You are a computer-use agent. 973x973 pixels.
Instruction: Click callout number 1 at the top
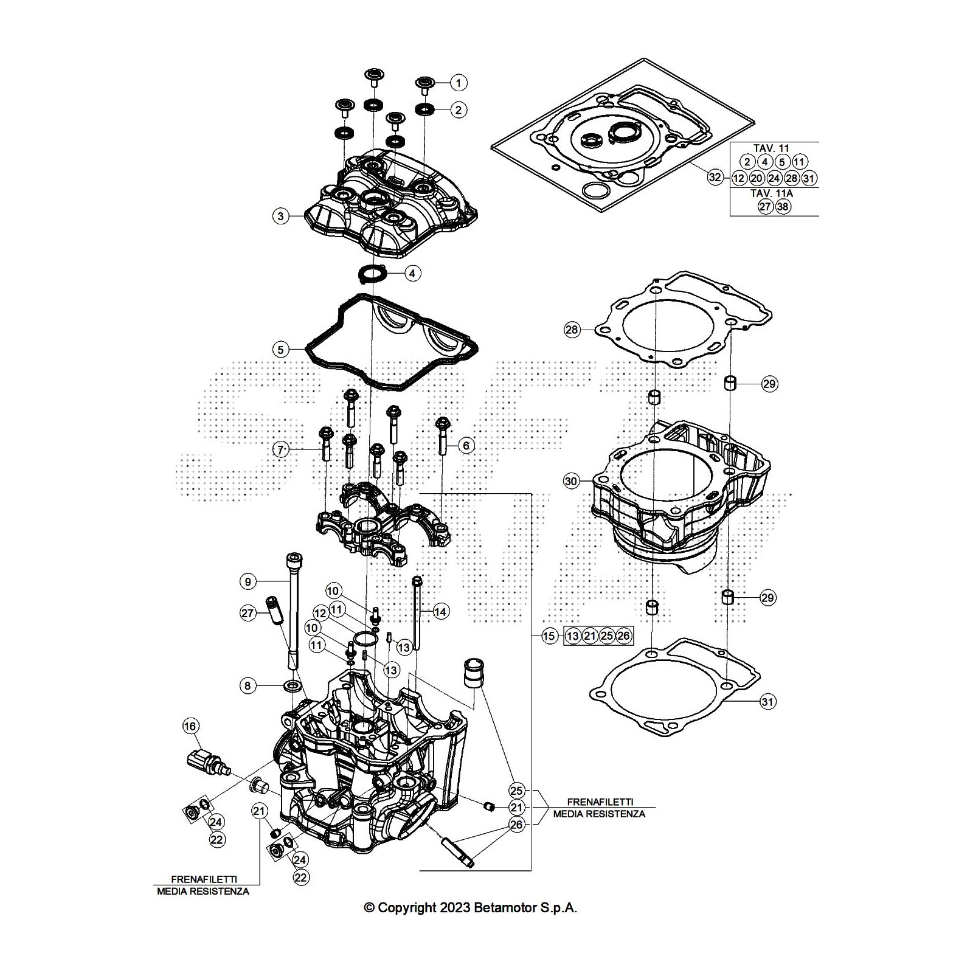459,82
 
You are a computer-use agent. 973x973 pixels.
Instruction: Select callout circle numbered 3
280,216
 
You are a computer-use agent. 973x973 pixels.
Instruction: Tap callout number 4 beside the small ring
412,273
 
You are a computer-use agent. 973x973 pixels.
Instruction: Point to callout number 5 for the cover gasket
280,350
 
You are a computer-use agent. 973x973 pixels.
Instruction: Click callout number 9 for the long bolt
248,582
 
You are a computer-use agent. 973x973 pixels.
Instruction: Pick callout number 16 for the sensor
190,726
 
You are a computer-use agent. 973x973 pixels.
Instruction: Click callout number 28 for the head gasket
572,330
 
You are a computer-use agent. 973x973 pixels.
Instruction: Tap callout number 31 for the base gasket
768,702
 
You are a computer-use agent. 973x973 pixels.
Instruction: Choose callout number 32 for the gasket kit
715,178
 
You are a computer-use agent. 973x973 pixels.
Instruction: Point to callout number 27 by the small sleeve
248,614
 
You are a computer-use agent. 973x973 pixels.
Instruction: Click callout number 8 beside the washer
248,686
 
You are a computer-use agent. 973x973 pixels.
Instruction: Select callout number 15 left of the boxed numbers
549,636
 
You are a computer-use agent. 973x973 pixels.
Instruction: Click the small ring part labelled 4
372,273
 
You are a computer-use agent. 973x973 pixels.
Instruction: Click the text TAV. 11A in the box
774,193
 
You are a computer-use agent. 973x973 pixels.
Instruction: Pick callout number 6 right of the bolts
466,446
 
